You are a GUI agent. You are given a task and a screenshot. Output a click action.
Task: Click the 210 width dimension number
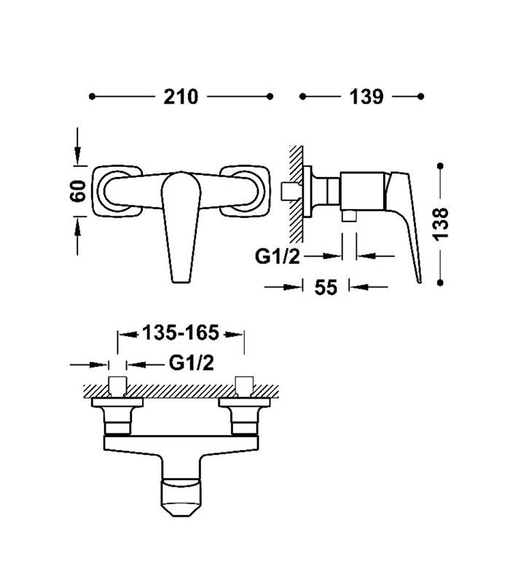click(181, 96)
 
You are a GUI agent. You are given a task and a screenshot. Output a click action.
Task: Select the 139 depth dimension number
click(362, 96)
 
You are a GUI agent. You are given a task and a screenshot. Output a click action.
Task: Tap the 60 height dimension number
click(79, 191)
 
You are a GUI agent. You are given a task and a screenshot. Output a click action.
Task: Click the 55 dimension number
click(326, 287)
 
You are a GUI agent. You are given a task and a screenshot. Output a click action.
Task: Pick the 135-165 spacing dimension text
click(180, 334)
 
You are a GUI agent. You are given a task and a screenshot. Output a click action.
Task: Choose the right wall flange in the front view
click(247, 191)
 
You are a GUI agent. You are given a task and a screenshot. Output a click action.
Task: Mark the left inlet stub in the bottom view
click(117, 386)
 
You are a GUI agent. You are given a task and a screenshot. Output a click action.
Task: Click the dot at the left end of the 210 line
click(91, 96)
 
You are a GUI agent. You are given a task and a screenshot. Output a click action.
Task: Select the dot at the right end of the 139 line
click(420, 96)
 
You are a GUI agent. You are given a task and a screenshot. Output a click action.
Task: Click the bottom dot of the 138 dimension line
click(440, 281)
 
